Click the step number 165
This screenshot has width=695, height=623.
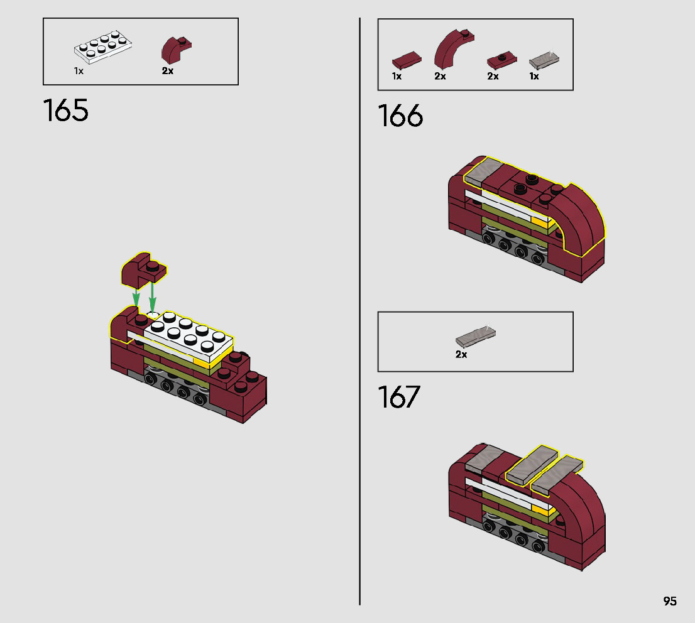click(x=66, y=111)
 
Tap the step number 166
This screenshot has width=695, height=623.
click(x=400, y=116)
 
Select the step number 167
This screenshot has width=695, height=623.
click(x=398, y=397)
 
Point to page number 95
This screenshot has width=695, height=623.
click(x=670, y=601)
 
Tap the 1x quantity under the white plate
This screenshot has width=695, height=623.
click(x=79, y=71)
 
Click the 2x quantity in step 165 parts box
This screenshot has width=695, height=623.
click(x=167, y=71)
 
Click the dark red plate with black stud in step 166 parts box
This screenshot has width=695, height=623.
click(x=501, y=61)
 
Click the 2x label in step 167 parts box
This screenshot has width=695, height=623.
click(x=461, y=355)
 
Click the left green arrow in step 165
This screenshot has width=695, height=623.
click(x=135, y=295)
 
